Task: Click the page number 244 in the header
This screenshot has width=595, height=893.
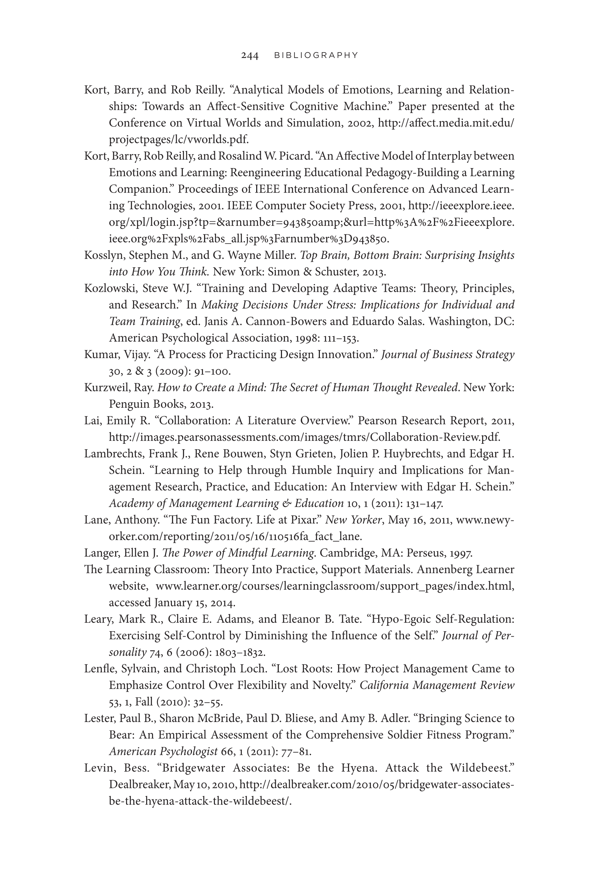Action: pos(250,55)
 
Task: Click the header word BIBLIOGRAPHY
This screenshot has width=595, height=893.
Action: pos(316,55)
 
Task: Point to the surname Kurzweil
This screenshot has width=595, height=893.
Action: pos(106,388)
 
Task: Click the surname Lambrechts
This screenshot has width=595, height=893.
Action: pos(113,454)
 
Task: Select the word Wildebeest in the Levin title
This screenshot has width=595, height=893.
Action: pos(482,768)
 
